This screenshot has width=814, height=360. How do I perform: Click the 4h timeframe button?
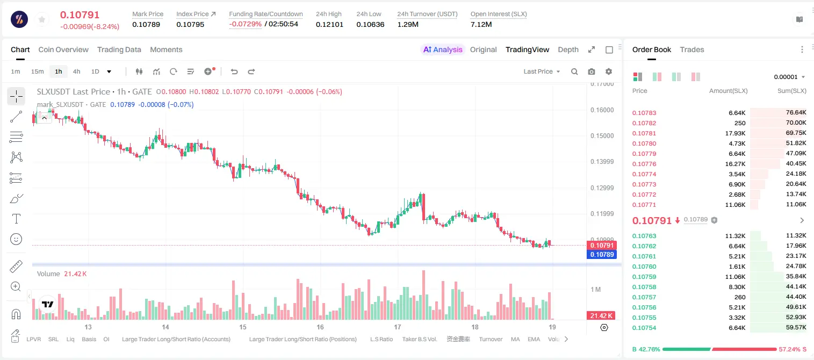(x=76, y=71)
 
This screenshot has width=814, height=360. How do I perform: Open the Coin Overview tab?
(x=63, y=50)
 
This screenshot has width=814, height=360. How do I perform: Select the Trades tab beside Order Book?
(x=692, y=50)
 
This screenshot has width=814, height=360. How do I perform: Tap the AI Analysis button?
(x=443, y=50)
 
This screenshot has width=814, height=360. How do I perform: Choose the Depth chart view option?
(x=568, y=50)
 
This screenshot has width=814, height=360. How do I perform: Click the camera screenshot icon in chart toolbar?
(x=592, y=71)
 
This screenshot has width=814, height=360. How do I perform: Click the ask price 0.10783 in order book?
(x=644, y=113)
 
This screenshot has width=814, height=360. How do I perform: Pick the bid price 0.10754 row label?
(x=644, y=328)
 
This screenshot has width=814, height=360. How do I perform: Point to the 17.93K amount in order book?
(x=735, y=133)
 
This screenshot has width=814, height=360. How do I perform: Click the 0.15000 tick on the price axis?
(x=602, y=136)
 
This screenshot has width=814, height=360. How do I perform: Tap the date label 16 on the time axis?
(x=320, y=327)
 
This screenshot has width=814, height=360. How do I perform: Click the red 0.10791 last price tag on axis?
(x=602, y=245)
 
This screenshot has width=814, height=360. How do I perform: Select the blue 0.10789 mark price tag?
(x=602, y=255)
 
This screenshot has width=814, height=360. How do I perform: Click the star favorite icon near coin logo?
(x=42, y=19)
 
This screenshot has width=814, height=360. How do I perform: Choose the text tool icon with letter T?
(x=16, y=219)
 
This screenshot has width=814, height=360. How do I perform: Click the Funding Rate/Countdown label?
(x=266, y=14)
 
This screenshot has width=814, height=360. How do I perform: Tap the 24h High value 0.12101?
(x=329, y=24)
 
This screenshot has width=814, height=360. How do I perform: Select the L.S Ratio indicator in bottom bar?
(x=381, y=339)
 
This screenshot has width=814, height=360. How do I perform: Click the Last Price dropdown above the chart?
(x=542, y=71)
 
